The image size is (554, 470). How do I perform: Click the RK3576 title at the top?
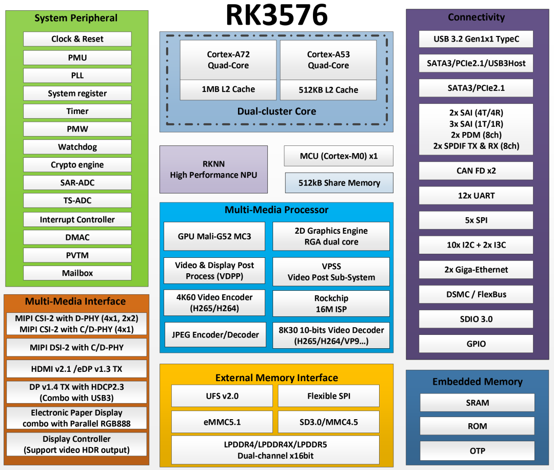[x=276, y=15]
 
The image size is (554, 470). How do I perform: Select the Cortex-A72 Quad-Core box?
[x=228, y=60]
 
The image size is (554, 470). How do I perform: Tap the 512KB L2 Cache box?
[x=328, y=90]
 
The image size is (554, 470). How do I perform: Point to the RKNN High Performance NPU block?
[x=213, y=170]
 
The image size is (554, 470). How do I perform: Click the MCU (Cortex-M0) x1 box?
[x=339, y=156]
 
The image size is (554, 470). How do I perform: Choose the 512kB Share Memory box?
[x=339, y=183]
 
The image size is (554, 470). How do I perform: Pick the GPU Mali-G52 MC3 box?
[x=214, y=236]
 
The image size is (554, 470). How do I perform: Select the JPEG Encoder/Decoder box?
[x=215, y=334]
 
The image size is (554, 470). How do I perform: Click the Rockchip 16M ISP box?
[x=331, y=304]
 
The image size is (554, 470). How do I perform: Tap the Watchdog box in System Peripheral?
[x=77, y=147]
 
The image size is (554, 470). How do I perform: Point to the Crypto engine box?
[x=77, y=164]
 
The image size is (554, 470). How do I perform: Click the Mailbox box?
[x=77, y=273]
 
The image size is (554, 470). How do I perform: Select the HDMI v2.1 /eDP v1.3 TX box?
[x=76, y=369]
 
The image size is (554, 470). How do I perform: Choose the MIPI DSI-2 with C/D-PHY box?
[x=76, y=348]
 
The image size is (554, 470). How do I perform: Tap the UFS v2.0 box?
[x=222, y=396]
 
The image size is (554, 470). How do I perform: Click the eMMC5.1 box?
[x=222, y=422]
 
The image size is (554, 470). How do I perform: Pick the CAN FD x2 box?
[x=476, y=171]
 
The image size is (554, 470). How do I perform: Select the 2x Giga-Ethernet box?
[x=476, y=270]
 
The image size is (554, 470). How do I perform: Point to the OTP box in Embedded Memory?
[x=478, y=450]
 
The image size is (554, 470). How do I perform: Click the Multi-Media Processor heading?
[x=276, y=210]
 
